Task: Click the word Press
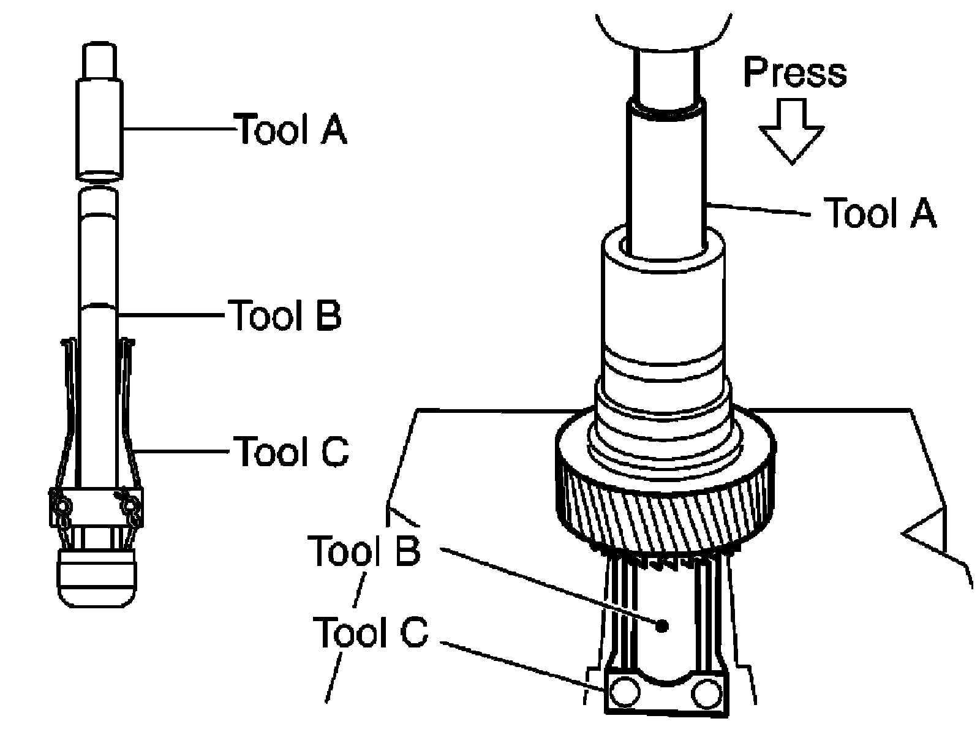click(794, 72)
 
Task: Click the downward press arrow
click(792, 131)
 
